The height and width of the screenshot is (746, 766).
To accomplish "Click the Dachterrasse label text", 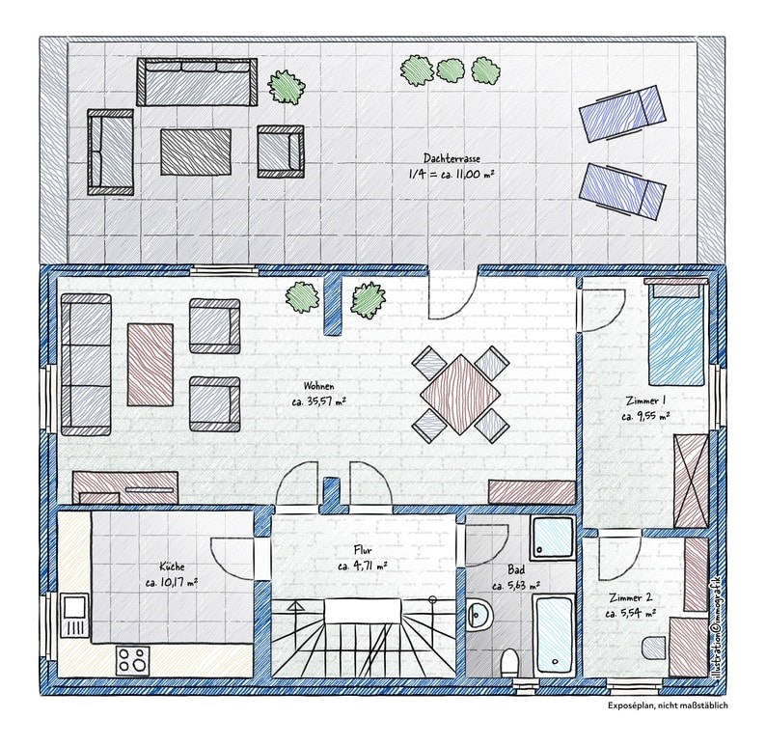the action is [x=451, y=158].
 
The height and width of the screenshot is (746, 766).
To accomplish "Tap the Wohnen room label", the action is [x=319, y=386].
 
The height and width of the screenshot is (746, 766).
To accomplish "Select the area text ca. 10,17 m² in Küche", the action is [x=172, y=582].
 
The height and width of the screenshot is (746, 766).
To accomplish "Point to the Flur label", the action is [x=362, y=551].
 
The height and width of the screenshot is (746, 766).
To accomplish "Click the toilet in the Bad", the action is [x=509, y=663].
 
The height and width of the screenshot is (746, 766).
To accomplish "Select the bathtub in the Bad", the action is [x=555, y=634].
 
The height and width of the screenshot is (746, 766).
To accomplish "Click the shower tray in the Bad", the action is [x=553, y=536].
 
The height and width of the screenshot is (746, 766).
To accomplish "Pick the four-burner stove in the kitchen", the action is [x=133, y=659].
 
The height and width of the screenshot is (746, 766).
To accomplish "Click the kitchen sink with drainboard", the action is [x=73, y=616].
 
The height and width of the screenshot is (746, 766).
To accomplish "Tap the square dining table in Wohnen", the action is [x=461, y=394].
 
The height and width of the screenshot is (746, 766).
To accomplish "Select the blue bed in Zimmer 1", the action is [x=676, y=332].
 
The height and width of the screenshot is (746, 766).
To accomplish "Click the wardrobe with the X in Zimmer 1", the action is [x=691, y=481].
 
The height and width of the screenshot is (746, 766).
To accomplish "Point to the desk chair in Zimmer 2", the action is [x=654, y=648].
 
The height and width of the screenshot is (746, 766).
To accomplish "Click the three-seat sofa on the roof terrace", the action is [x=197, y=82].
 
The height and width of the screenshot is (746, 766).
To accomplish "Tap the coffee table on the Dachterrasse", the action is [x=196, y=152].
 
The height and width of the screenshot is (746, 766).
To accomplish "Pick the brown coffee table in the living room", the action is [x=150, y=365].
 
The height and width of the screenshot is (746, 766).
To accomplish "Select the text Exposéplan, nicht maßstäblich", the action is [x=668, y=705].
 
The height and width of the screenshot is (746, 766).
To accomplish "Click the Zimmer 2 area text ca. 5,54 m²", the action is [x=630, y=614].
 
